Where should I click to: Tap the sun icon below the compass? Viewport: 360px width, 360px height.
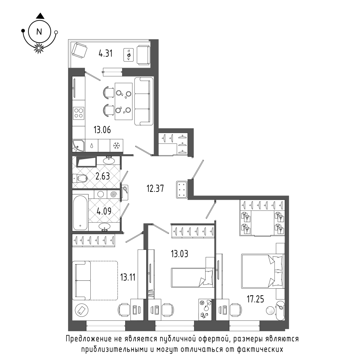39,48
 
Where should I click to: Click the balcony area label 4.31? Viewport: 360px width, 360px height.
105,54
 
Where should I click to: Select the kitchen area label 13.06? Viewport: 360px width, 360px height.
102,130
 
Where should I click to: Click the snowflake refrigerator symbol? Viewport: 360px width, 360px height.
117,145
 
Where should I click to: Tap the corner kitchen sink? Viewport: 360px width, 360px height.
78,145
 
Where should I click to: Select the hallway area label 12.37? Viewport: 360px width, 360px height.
155,189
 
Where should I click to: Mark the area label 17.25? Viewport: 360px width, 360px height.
255,299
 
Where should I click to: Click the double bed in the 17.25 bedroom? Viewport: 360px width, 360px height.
263,271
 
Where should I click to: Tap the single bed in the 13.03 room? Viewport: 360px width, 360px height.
192,277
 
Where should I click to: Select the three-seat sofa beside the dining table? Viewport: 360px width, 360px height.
144,101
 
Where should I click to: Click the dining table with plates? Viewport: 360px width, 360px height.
123,101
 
